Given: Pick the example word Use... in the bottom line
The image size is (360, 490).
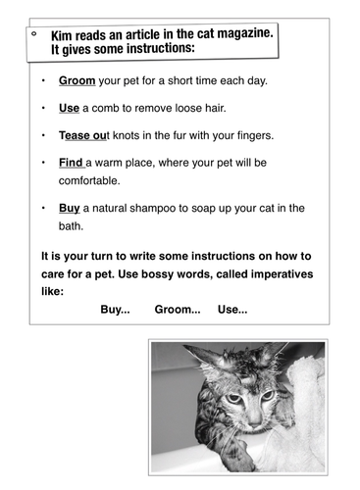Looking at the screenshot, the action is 231,310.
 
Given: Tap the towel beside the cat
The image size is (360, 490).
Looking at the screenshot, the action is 295,412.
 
